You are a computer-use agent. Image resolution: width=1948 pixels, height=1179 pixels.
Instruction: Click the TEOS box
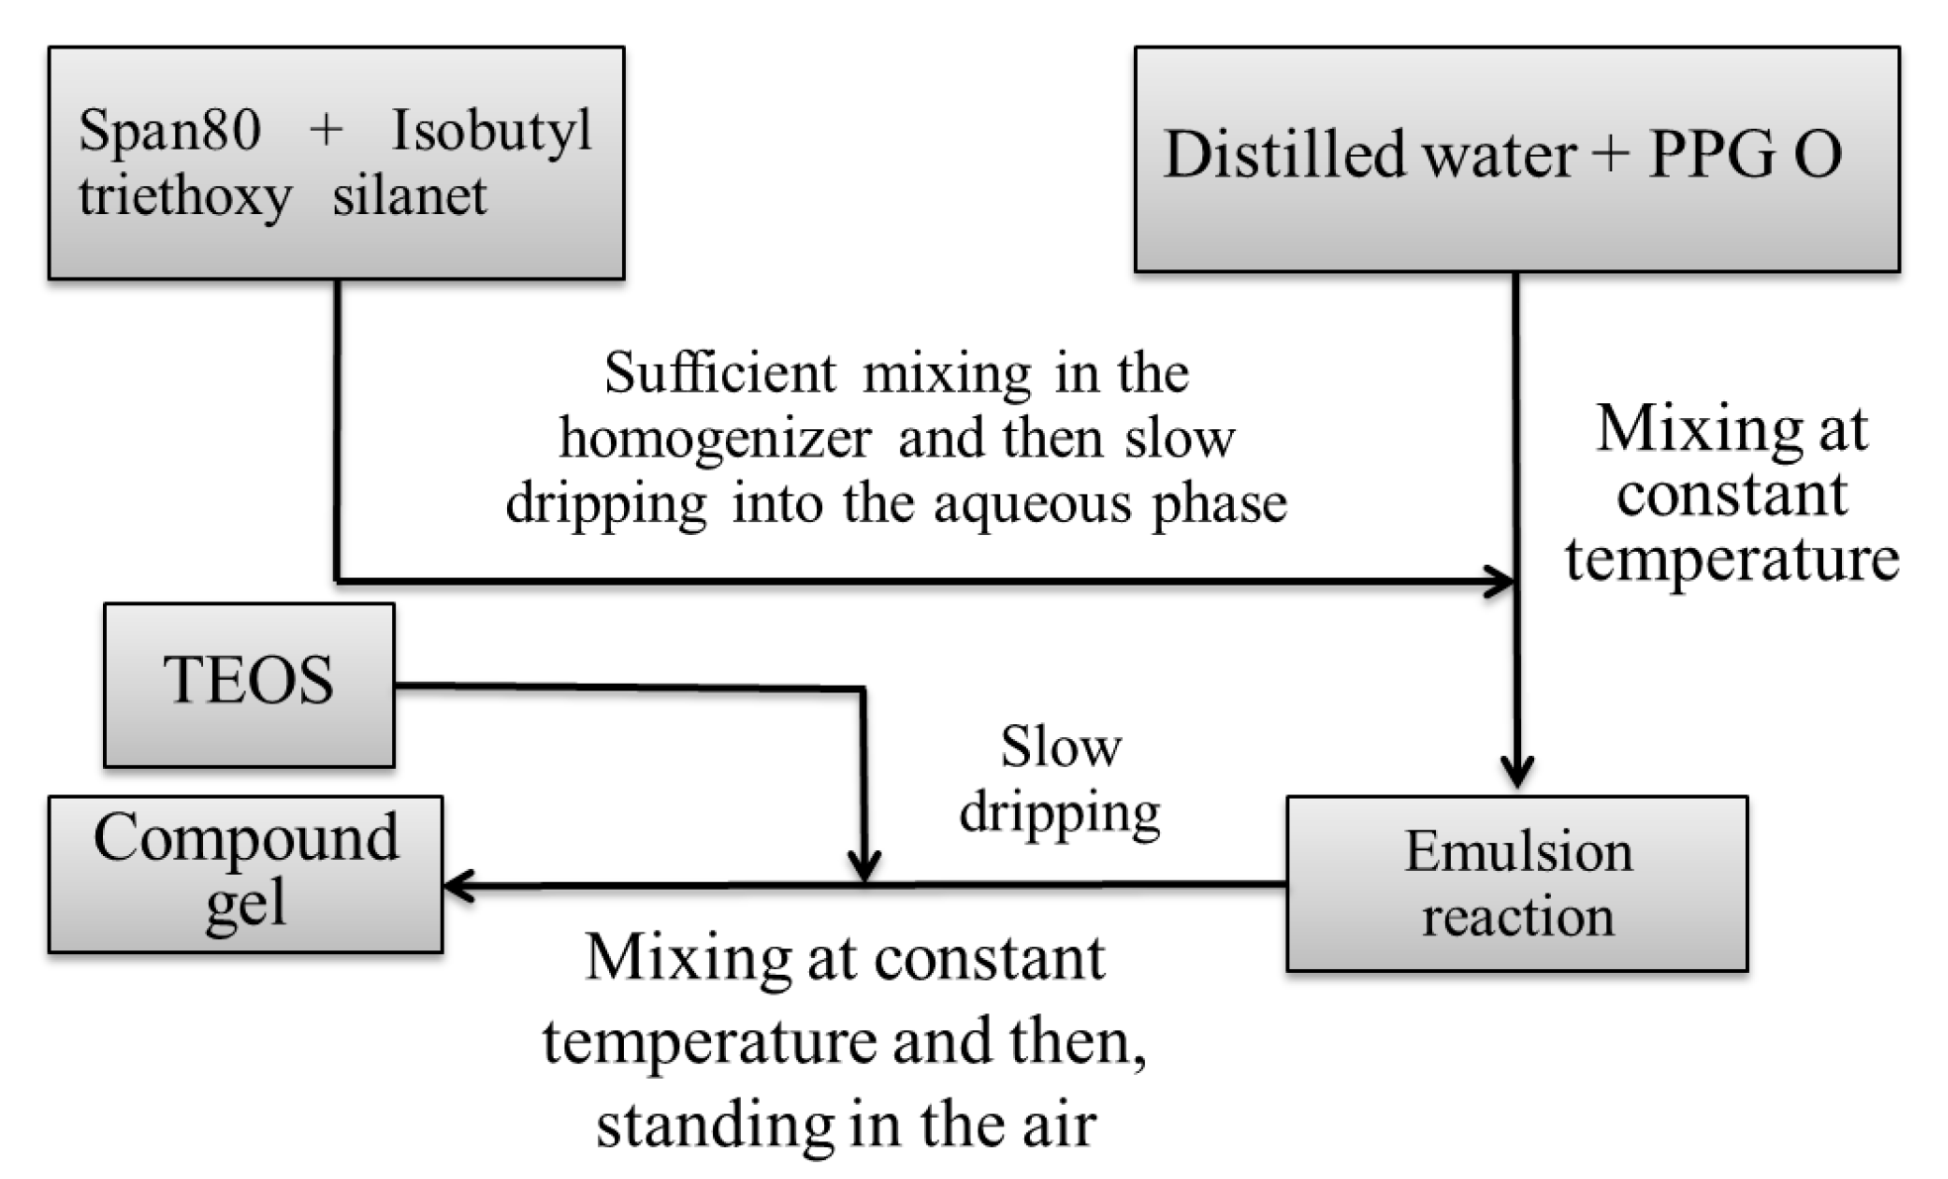(249, 684)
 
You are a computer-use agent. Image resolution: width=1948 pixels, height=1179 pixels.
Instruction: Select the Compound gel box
(245, 873)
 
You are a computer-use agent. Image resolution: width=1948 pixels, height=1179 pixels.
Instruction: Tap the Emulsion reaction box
(1516, 883)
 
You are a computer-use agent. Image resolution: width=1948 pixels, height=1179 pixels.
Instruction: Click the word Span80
(169, 130)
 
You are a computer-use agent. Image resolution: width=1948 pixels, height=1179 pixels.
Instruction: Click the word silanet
(409, 195)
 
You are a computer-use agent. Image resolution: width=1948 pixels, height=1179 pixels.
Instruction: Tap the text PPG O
(1744, 155)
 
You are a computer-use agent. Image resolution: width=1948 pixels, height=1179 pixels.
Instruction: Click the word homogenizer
(715, 439)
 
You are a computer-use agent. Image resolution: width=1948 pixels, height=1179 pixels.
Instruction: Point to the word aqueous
(1032, 504)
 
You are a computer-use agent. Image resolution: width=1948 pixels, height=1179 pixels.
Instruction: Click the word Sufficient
(720, 374)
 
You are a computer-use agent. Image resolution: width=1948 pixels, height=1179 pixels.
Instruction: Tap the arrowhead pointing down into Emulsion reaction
(1516, 771)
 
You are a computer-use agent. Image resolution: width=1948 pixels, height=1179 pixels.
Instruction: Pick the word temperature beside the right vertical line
(1731, 559)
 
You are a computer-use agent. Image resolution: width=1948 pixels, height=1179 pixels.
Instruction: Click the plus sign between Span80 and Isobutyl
(326, 130)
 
